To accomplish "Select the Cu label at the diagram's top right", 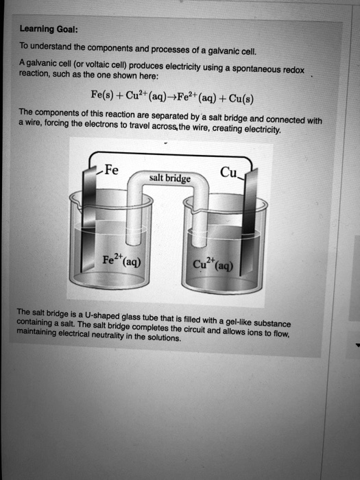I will click(x=228, y=173).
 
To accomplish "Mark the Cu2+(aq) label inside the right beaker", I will click(x=213, y=266).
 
